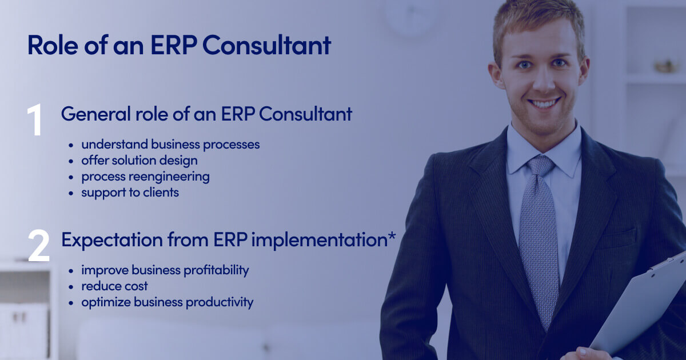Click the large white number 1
coord(35,119)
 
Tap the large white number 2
coord(39,246)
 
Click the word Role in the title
coord(53,45)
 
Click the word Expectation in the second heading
coord(112,240)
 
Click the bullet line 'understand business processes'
coord(170,145)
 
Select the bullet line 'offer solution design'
coord(139,161)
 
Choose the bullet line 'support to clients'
coord(130,193)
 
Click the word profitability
coord(216,270)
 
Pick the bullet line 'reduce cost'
coord(114,286)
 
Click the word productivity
coord(220,302)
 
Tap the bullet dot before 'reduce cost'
coord(71,287)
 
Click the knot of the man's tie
coord(541,166)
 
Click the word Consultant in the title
coord(267,45)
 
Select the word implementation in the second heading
coord(320,240)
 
